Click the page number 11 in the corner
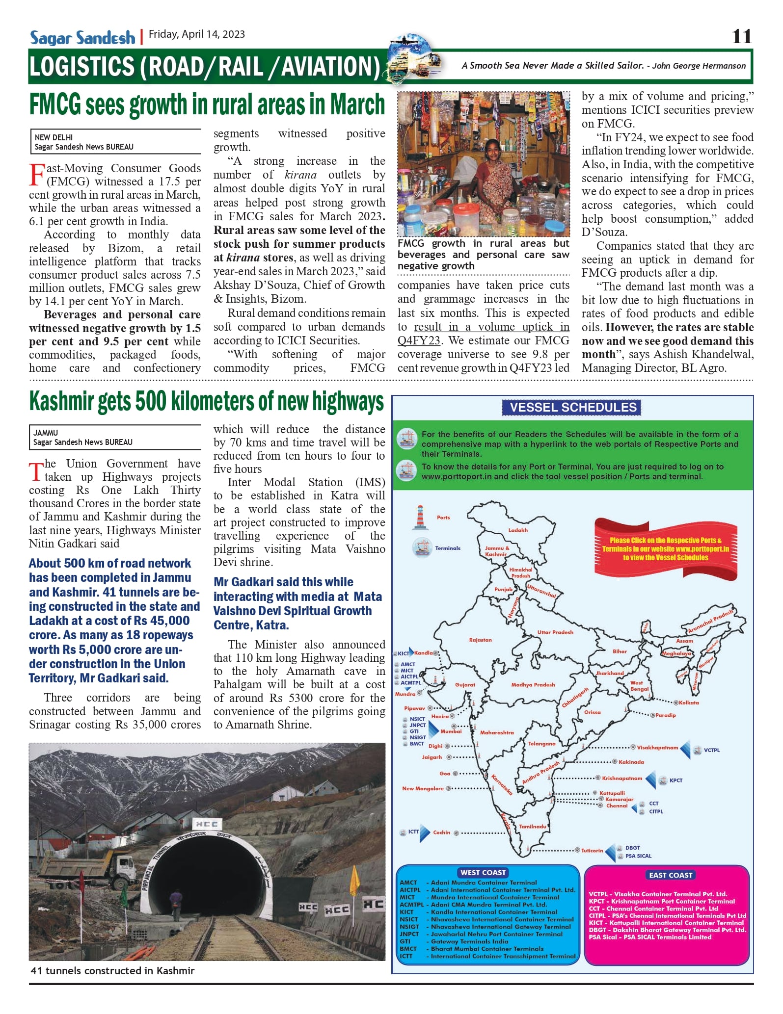click(741, 37)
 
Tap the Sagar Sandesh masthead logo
click(82, 37)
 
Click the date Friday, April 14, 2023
click(196, 34)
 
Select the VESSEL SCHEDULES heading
click(572, 408)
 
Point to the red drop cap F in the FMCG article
click(37, 175)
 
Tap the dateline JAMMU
click(46, 433)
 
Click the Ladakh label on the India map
click(518, 530)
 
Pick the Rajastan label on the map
click(480, 640)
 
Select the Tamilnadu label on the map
click(533, 827)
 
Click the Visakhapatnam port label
click(657, 748)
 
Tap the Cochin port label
click(441, 832)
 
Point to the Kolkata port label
click(689, 703)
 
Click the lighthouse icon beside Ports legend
click(420, 518)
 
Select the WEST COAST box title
click(483, 873)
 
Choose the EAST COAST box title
click(670, 875)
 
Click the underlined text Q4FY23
click(418, 340)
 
